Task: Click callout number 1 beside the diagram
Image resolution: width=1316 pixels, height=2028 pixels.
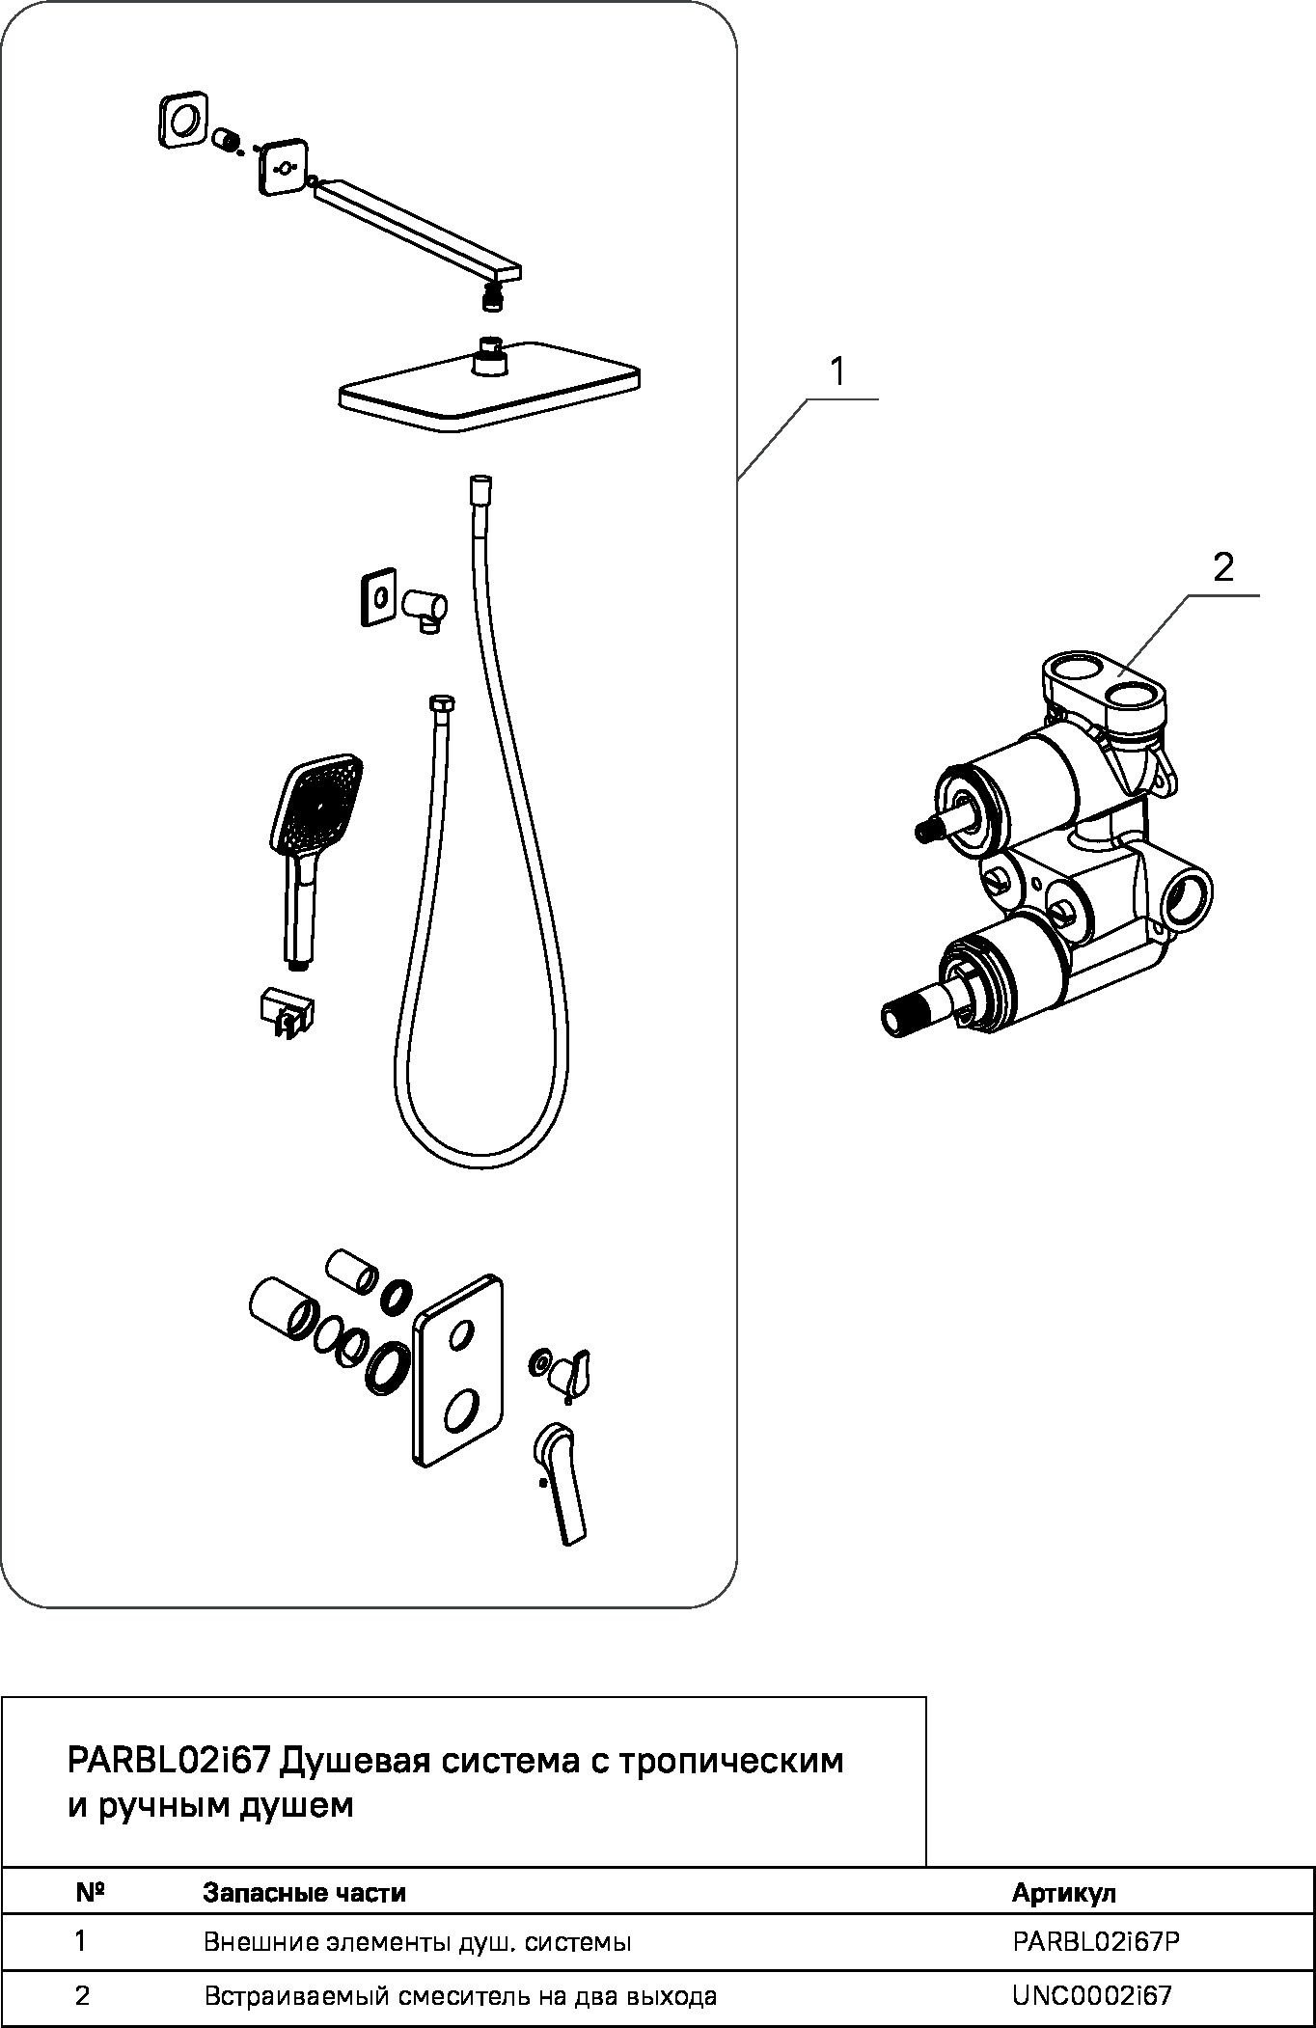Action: tap(837, 372)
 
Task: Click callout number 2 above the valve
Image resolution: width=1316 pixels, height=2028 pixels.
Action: tap(1222, 568)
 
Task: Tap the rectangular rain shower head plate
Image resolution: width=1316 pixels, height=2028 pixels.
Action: tap(490, 391)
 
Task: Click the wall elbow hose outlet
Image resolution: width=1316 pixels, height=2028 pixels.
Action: tap(425, 609)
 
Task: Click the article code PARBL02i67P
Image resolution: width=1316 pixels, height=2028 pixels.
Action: tap(1096, 1941)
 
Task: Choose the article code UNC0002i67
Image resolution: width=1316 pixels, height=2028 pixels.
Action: tap(1092, 1995)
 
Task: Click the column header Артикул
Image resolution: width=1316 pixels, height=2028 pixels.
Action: tap(1063, 1893)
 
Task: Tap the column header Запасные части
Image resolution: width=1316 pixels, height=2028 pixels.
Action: tap(304, 1893)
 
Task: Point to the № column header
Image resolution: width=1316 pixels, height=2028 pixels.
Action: tap(90, 1892)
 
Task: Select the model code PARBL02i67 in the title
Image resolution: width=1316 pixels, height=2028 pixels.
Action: tap(167, 1761)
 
